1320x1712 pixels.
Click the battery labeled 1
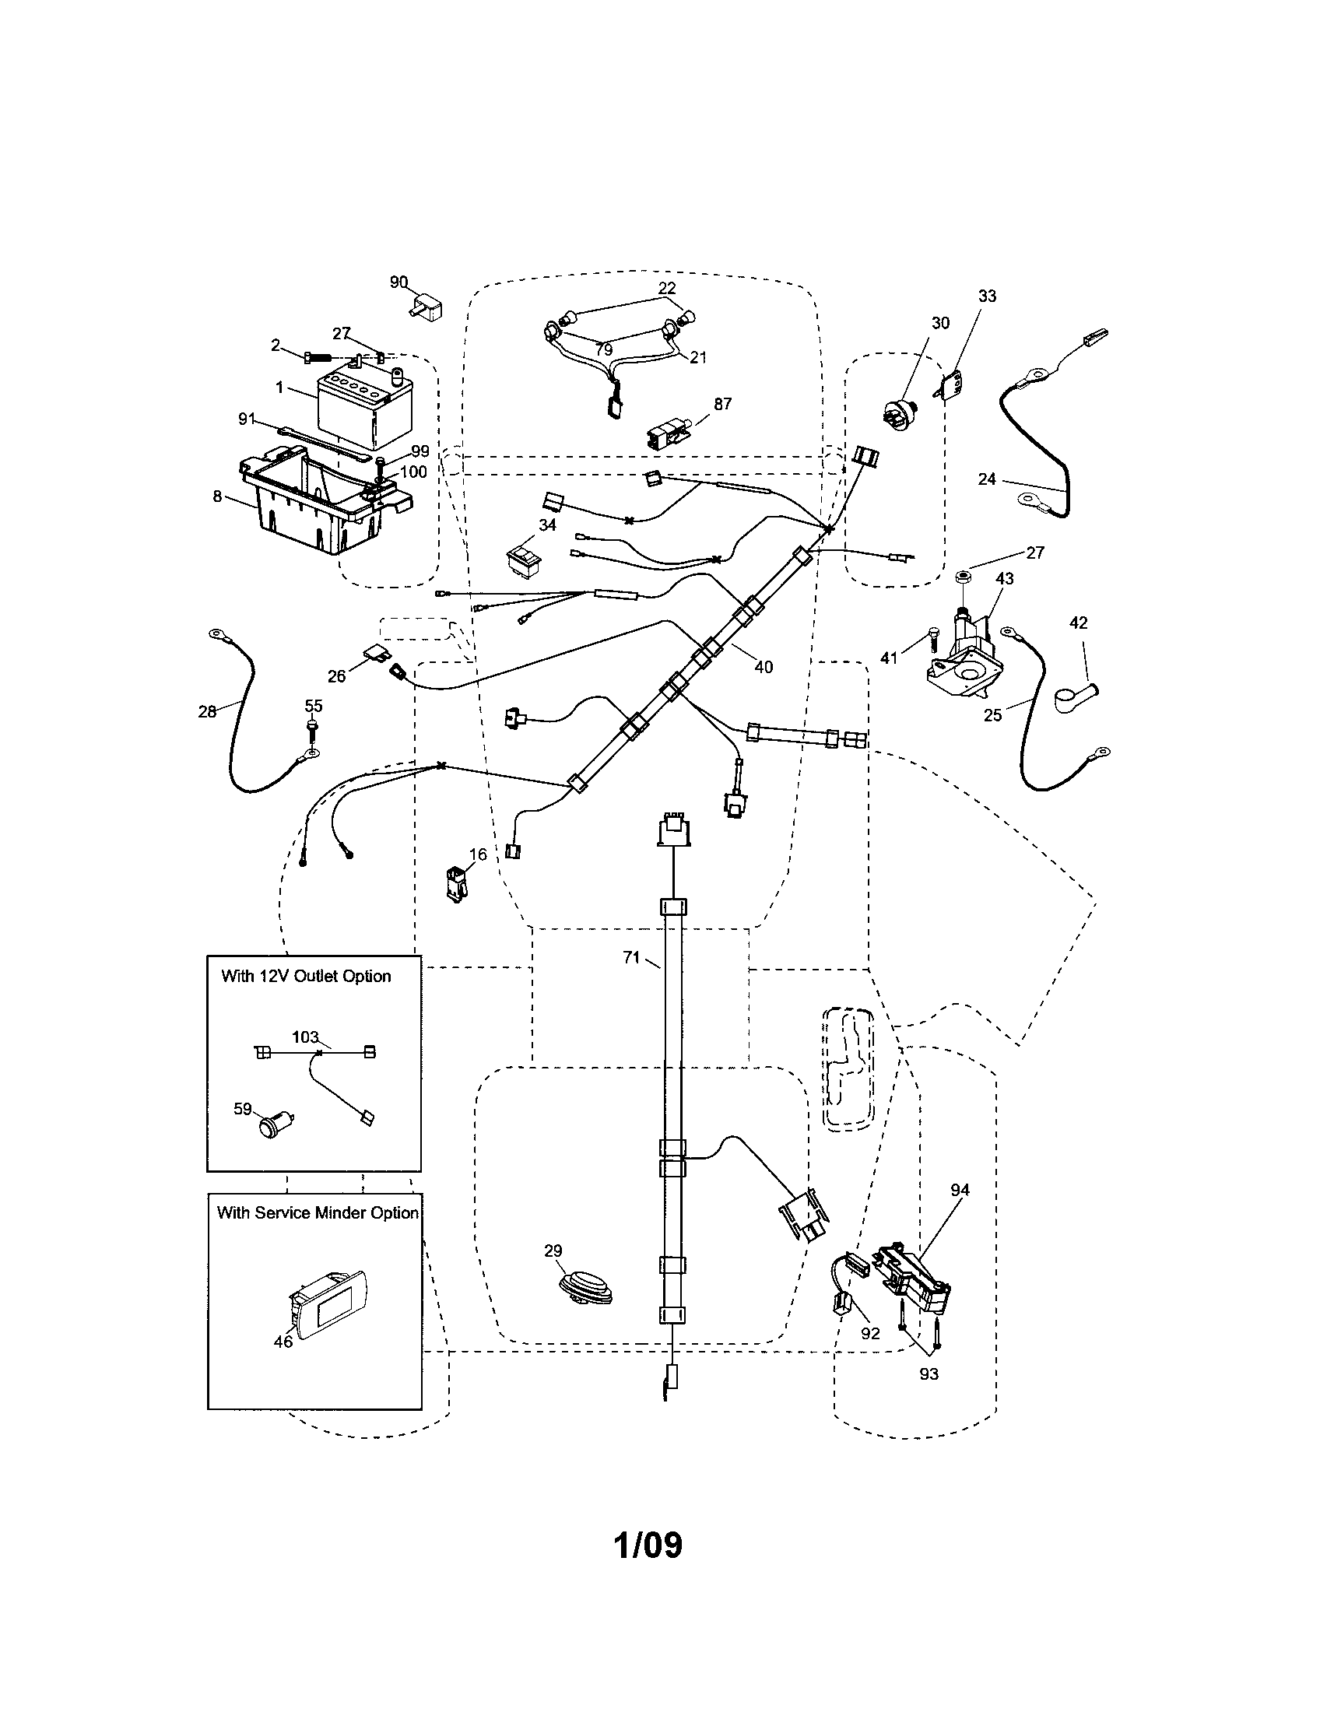354,406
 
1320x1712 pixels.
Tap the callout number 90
398,282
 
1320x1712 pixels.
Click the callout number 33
987,296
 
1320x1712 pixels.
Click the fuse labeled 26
374,653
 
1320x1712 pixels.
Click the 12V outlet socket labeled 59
271,1127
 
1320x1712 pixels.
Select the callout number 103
305,1037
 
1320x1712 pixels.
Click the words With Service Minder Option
318,1212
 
